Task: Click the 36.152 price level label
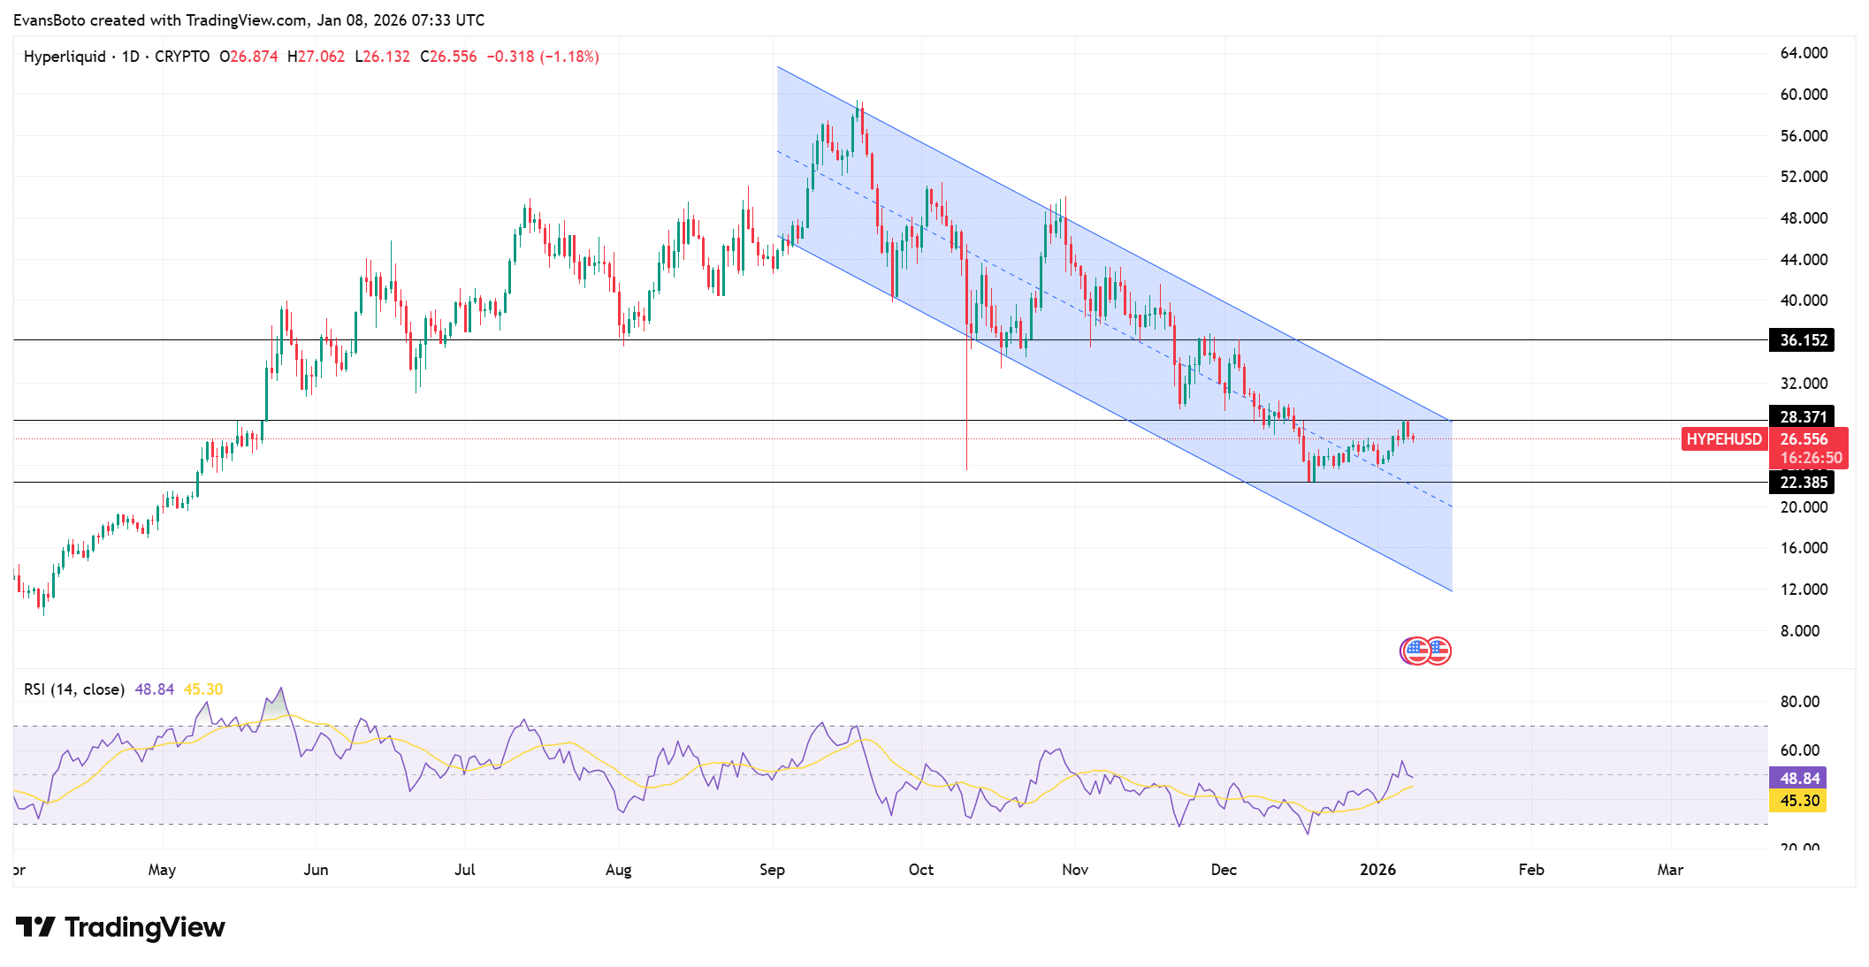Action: (1802, 340)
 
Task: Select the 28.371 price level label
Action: (1802, 416)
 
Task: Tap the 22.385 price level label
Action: (1802, 483)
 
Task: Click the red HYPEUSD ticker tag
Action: (1723, 439)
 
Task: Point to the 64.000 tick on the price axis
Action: (1804, 53)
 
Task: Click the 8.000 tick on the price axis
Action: (1800, 631)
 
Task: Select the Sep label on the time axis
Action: (772, 870)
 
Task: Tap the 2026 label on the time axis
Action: (1377, 870)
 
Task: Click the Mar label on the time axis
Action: (1669, 870)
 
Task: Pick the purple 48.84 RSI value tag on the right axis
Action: (1799, 779)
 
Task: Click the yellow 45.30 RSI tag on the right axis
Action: (1799, 801)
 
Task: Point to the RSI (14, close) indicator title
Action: (74, 689)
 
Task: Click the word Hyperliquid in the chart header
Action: (65, 57)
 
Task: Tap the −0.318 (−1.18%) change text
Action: (543, 57)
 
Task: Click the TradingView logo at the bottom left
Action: (120, 927)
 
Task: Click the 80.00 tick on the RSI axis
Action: (1799, 702)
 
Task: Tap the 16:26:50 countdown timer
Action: (1811, 458)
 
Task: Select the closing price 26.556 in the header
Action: (453, 57)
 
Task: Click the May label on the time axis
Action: (162, 870)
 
